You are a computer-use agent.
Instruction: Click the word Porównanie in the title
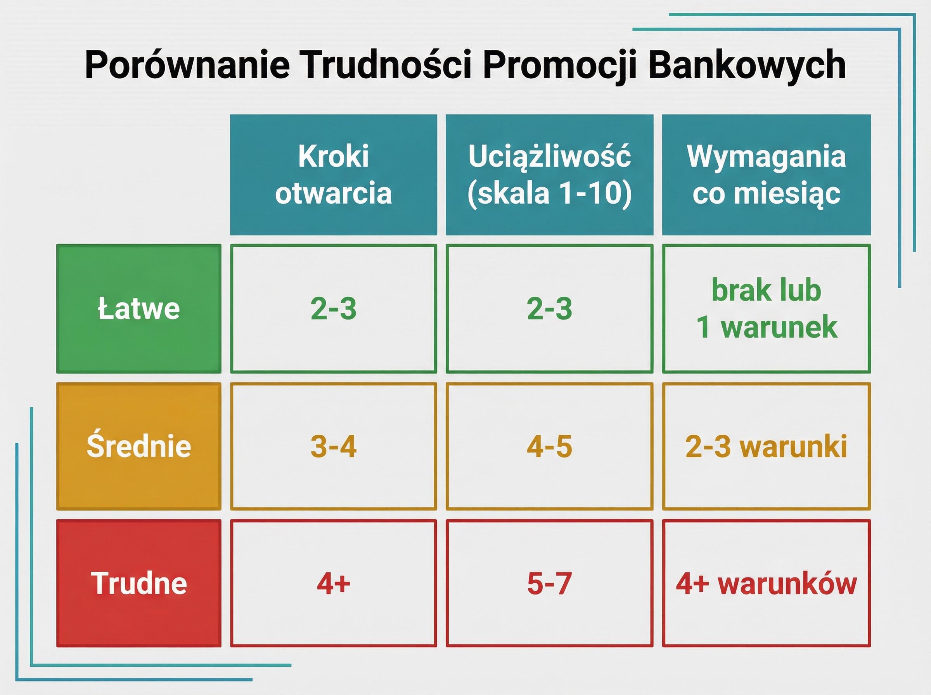tap(187, 65)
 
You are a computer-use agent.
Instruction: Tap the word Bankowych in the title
tap(747, 65)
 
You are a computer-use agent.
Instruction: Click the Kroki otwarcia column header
tap(333, 175)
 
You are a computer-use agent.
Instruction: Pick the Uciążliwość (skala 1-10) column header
tap(549, 175)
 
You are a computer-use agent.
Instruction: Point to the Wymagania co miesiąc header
tap(766, 175)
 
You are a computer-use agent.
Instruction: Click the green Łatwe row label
tap(138, 308)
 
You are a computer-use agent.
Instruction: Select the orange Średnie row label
tap(138, 446)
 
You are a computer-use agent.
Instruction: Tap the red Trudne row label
tap(138, 583)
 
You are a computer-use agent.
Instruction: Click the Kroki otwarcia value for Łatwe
tap(333, 308)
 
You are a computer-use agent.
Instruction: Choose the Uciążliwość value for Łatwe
tap(549, 308)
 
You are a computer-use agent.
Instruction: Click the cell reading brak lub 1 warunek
tap(766, 308)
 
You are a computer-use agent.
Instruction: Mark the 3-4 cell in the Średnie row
tap(333, 446)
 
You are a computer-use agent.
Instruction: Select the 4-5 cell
tap(549, 446)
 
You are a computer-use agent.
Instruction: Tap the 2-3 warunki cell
tap(766, 446)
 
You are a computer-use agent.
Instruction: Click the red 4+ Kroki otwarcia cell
tap(333, 583)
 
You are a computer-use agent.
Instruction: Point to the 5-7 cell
tap(549, 583)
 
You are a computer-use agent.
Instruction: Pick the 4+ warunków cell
tap(766, 583)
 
